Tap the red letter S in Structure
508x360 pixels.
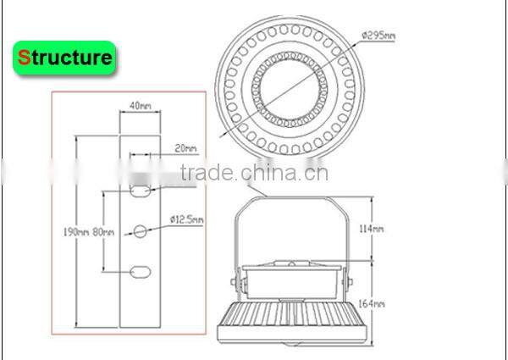pos(25,58)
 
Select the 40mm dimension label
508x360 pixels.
pos(141,106)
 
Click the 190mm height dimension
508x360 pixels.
pos(76,231)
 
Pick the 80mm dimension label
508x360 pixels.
pos(102,231)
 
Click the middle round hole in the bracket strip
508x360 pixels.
pos(141,229)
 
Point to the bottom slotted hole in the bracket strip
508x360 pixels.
pos(141,272)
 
